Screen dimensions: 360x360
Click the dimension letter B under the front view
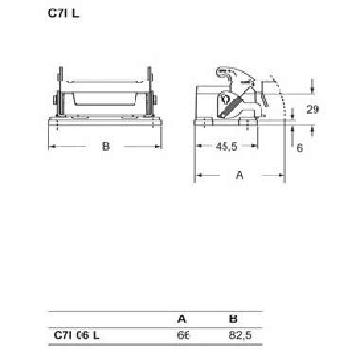[x=106, y=147]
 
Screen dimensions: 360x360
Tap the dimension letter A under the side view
[x=238, y=175]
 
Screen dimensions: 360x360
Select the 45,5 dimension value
[x=225, y=147]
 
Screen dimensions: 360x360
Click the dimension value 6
[x=299, y=148]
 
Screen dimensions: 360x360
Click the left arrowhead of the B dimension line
[x=52, y=147]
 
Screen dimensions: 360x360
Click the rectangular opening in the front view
[x=105, y=93]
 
